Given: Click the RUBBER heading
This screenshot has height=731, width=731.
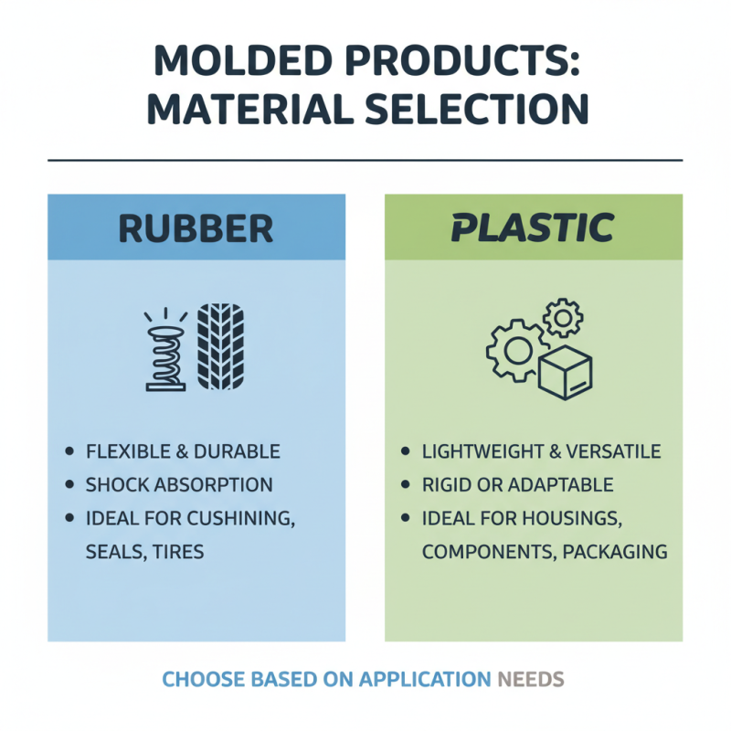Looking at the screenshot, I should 196,228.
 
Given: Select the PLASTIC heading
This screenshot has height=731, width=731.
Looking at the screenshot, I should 532,228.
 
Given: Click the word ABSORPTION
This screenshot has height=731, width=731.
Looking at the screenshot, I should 212,485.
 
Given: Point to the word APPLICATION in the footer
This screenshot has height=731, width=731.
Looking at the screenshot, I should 425,680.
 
